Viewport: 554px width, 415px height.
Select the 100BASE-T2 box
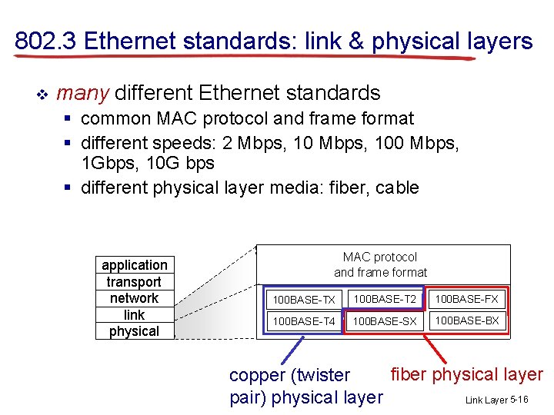coord(385,299)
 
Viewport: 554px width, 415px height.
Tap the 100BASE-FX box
coord(467,299)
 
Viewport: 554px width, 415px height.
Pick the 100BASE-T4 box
coord(304,321)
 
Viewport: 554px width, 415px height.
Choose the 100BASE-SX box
coord(385,321)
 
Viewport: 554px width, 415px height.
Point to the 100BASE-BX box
coord(467,320)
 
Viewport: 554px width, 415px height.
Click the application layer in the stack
coord(135,265)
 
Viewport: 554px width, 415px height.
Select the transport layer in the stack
coord(135,282)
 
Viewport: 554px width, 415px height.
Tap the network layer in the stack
coord(135,298)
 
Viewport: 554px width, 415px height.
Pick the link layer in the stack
coord(135,315)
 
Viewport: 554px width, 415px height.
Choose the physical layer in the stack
coord(135,331)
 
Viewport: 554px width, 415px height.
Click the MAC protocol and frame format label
coord(380,264)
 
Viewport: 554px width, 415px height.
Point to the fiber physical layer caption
coord(466,374)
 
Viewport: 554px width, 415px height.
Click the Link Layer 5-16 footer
coord(496,400)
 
